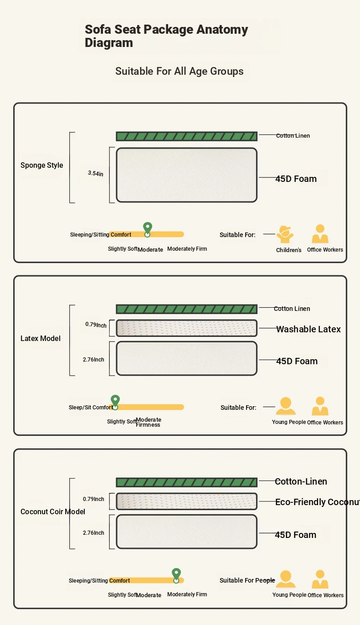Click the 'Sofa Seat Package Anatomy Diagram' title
pyautogui.click(x=166, y=36)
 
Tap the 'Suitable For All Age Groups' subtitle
pyautogui.click(x=179, y=71)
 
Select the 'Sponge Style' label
pyautogui.click(x=42, y=165)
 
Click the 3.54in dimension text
pyautogui.click(x=96, y=173)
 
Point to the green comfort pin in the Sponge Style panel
pyautogui.click(x=147, y=228)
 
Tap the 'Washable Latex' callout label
pyautogui.click(x=309, y=329)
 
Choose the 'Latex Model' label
pyautogui.click(x=41, y=338)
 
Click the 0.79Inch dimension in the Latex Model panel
pyautogui.click(x=96, y=325)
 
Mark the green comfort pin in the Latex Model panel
pyautogui.click(x=115, y=401)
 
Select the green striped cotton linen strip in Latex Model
pyautogui.click(x=186, y=309)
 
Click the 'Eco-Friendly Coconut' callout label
pyautogui.click(x=317, y=502)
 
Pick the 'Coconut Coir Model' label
pyautogui.click(x=53, y=511)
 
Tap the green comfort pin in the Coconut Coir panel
pyautogui.click(x=176, y=574)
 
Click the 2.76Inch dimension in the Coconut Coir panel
pyautogui.click(x=93, y=532)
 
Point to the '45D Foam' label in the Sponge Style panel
pyautogui.click(x=296, y=179)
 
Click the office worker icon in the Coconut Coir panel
pyautogui.click(x=320, y=580)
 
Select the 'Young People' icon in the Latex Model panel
pyautogui.click(x=286, y=407)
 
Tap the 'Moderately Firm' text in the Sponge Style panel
pyautogui.click(x=187, y=249)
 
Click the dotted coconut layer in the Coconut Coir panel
pyautogui.click(x=186, y=501)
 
